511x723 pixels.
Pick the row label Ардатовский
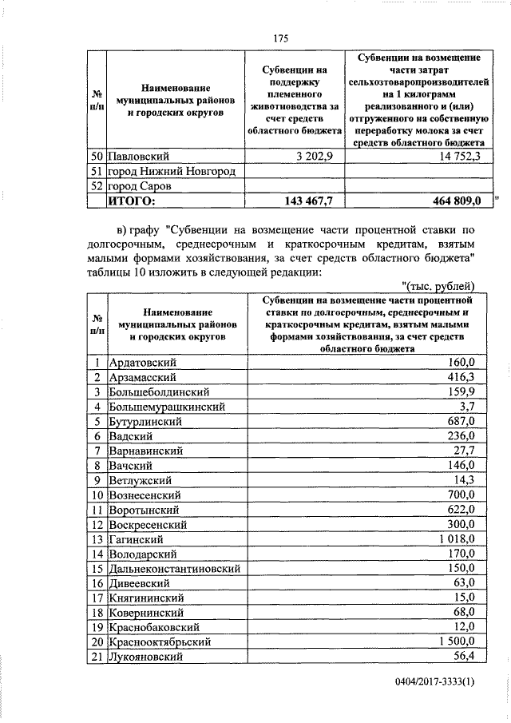coord(142,363)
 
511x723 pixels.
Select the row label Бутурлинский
coord(145,422)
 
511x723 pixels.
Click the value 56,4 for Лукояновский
coord(464,656)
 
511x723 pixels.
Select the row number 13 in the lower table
coord(96,538)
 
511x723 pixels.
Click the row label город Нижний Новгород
coord(172,171)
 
